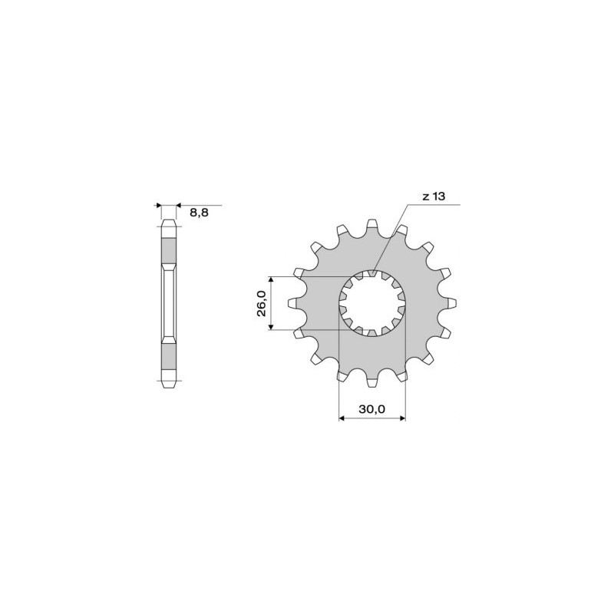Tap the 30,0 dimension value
pos(371,410)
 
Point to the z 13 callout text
pos(434,196)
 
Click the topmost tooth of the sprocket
pos(371,225)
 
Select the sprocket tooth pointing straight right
pos(451,303)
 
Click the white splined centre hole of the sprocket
pos(372,304)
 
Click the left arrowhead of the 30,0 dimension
pos(342,419)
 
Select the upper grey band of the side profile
pos(168,249)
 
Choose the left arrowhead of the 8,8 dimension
pos(159,206)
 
